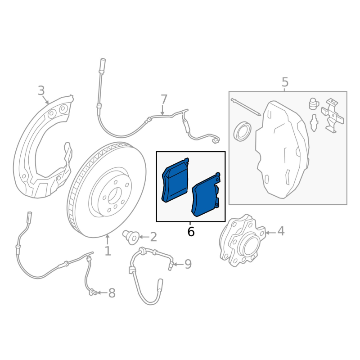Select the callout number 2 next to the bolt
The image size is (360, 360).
(153, 237)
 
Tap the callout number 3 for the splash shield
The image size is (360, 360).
(41, 90)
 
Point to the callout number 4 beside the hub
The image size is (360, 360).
(281, 231)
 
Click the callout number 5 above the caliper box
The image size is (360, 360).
(285, 82)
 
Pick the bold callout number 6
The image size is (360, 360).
(191, 232)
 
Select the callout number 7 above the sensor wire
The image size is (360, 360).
(164, 99)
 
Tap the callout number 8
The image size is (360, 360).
(112, 293)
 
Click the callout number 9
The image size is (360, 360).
(188, 264)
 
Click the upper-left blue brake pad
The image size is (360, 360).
(175, 181)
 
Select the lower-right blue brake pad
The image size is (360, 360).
(205, 196)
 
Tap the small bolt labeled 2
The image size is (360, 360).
(131, 237)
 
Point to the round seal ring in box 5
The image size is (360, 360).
(242, 131)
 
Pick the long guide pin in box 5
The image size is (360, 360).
(246, 107)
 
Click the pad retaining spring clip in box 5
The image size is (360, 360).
(332, 116)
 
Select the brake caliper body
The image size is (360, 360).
(283, 149)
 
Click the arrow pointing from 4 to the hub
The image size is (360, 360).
(270, 233)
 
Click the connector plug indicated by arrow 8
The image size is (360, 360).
(93, 292)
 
